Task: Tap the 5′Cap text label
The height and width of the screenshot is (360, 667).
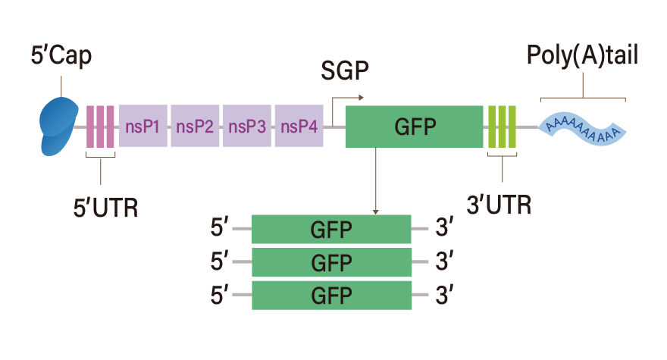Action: (x=61, y=56)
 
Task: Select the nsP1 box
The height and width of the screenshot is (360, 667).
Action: (x=143, y=126)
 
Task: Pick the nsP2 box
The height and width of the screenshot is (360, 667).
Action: (x=195, y=126)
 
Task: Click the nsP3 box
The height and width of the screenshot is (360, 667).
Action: (x=247, y=126)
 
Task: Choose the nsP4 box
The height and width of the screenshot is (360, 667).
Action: (x=299, y=126)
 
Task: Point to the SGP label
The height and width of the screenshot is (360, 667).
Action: (x=345, y=70)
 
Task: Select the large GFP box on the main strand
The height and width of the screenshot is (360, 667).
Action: (x=415, y=127)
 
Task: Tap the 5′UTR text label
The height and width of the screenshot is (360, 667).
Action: (x=105, y=208)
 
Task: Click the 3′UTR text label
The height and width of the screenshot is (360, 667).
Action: (x=499, y=205)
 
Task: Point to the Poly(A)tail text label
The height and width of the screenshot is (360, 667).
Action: (x=582, y=55)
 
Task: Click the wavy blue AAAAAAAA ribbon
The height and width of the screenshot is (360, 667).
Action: (x=582, y=129)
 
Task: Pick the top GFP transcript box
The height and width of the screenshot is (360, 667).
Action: (x=331, y=229)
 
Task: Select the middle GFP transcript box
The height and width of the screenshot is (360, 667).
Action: (x=331, y=262)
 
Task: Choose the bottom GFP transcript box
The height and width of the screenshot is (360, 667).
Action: (x=331, y=296)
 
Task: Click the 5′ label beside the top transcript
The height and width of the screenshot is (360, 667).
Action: (x=220, y=227)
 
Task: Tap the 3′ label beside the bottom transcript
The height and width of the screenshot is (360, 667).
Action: (x=444, y=295)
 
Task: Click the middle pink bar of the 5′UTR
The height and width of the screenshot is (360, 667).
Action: (x=100, y=127)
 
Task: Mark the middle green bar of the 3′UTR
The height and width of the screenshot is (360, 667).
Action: (x=503, y=127)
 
